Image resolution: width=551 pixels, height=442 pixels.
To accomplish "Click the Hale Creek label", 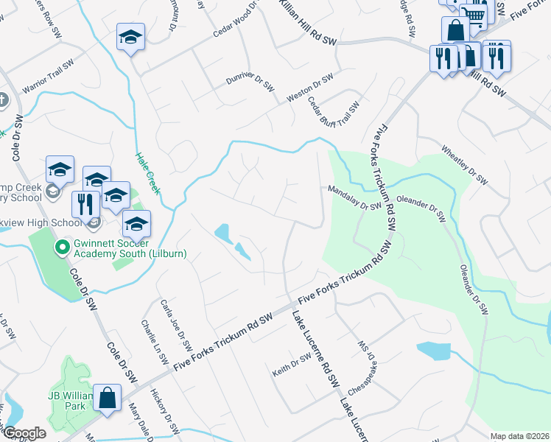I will click(148, 173).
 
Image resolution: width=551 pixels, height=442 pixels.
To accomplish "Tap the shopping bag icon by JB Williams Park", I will click(108, 399).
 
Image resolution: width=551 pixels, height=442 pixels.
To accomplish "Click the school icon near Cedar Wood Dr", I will click(131, 38).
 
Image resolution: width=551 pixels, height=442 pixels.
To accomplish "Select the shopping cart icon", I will click(477, 14).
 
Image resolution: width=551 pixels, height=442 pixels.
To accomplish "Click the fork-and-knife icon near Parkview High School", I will click(86, 206).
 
